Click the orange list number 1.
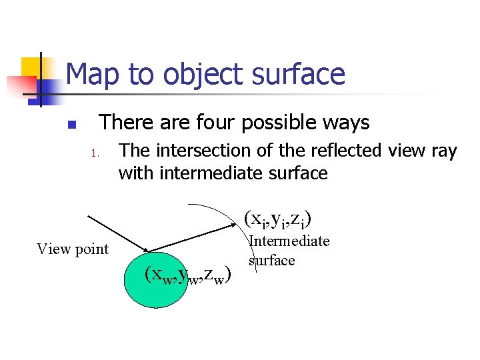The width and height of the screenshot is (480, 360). coord(95,155)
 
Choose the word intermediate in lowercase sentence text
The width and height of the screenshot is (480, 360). coord(214,174)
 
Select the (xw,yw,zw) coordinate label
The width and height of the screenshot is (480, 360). coord(188,274)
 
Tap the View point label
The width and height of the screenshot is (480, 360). coord(73,249)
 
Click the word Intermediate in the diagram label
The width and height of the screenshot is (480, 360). coord(289,241)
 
